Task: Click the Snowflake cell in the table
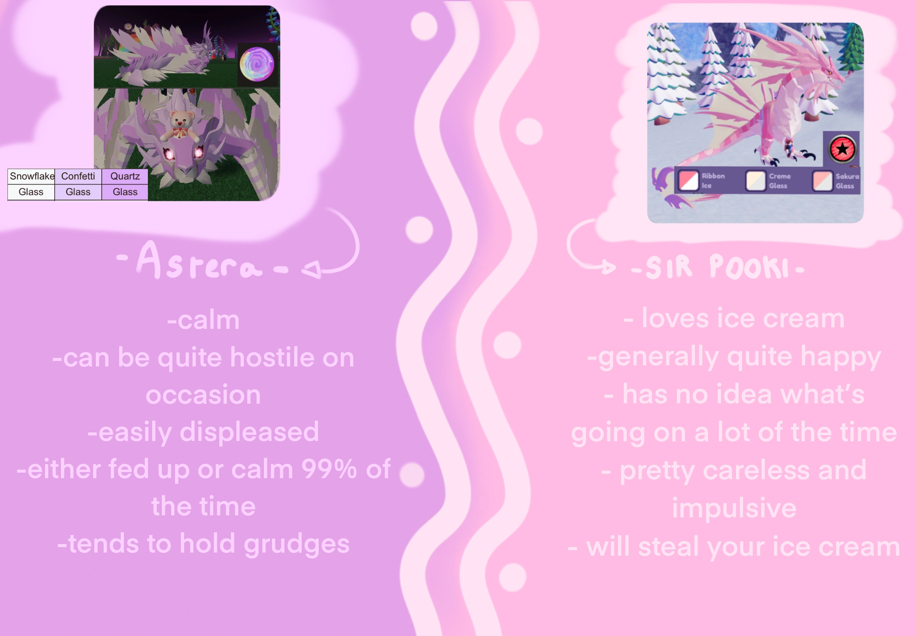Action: [x=31, y=176]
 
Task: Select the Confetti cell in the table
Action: [x=78, y=176]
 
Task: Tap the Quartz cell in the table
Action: [x=125, y=176]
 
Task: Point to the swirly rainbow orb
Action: [x=257, y=64]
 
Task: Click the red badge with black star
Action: [x=842, y=149]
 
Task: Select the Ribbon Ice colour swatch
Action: [x=688, y=180]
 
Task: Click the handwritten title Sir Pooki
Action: [x=718, y=267]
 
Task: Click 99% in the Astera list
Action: [x=329, y=469]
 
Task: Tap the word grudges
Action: [x=297, y=544]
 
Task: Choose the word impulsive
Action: [x=734, y=508]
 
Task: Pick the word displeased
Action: [x=249, y=432]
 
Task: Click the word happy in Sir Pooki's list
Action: [x=841, y=357]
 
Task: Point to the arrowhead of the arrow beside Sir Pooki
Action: [x=609, y=267]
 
